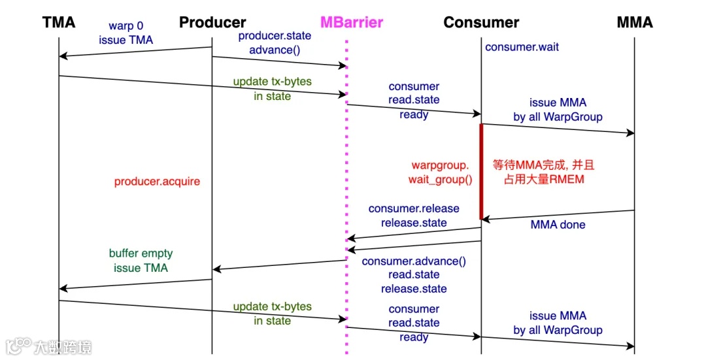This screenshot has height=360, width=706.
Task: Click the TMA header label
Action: tap(59, 22)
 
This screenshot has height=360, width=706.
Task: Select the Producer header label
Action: tap(212, 22)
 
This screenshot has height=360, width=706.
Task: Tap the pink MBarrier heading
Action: tap(352, 22)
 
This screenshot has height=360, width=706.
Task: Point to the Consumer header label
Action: tap(481, 22)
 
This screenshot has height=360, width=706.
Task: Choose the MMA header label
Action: tap(634, 22)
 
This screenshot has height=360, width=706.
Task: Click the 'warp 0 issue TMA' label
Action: tap(126, 33)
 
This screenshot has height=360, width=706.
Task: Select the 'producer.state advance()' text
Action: tap(275, 42)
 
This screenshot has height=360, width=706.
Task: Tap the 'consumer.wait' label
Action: tap(522, 47)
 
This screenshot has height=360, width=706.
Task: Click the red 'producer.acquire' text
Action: tap(157, 182)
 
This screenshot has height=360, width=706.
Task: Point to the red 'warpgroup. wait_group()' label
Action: tap(441, 172)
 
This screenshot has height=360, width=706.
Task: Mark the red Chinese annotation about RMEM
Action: tap(544, 172)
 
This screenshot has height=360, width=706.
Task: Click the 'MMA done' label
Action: tap(558, 225)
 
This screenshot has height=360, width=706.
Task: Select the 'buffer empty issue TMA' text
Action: tap(141, 261)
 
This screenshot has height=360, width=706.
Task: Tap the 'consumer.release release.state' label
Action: tap(414, 216)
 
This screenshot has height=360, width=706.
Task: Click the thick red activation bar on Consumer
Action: tap(481, 171)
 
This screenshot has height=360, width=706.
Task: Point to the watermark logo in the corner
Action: tap(48, 346)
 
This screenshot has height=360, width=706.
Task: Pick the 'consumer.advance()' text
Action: tap(414, 261)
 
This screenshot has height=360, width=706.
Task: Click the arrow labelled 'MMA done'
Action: tap(558, 215)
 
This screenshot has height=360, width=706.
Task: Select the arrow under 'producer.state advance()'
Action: tap(279, 61)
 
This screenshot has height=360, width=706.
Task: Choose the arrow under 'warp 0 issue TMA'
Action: tap(135, 52)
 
